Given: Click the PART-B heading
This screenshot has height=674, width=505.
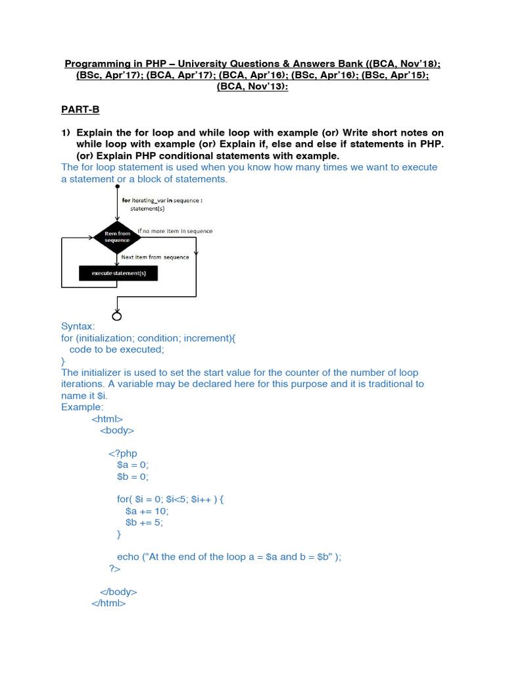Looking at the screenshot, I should pyautogui.click(x=80, y=109).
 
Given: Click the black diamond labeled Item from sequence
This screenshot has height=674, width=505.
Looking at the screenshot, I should pyautogui.click(x=118, y=236).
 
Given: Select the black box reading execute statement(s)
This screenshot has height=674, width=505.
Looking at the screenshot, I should pyautogui.click(x=118, y=273).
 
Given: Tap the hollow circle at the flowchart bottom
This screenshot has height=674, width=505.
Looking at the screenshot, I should pyautogui.click(x=118, y=316).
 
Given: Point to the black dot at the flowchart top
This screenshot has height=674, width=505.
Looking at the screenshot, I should pyautogui.click(x=118, y=186).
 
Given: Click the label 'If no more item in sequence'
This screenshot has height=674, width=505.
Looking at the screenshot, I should pyautogui.click(x=175, y=231).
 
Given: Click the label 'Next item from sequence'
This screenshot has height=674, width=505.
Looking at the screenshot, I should pyautogui.click(x=155, y=257).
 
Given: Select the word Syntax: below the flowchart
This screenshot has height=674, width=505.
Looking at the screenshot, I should pyautogui.click(x=78, y=326).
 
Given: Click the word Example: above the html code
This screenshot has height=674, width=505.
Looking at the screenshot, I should pyautogui.click(x=82, y=407).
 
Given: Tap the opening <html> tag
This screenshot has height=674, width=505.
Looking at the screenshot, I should pyautogui.click(x=107, y=419).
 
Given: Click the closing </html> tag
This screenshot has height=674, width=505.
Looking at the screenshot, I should pyautogui.click(x=108, y=602).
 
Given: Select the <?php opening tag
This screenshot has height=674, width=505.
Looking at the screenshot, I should pyautogui.click(x=123, y=453).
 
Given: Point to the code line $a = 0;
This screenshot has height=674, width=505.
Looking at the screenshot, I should pyautogui.click(x=133, y=465).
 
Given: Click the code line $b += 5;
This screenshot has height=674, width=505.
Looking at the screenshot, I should pyautogui.click(x=144, y=522).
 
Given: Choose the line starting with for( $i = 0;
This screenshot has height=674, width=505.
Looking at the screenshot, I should pyautogui.click(x=170, y=499).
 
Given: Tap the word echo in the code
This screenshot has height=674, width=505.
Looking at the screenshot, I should pyautogui.click(x=128, y=556).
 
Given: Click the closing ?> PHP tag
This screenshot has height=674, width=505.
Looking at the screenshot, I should pyautogui.click(x=114, y=568).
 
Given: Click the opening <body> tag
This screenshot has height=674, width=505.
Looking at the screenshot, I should pyautogui.click(x=117, y=430).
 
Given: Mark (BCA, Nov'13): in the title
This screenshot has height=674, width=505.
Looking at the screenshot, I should pyautogui.click(x=252, y=87).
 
